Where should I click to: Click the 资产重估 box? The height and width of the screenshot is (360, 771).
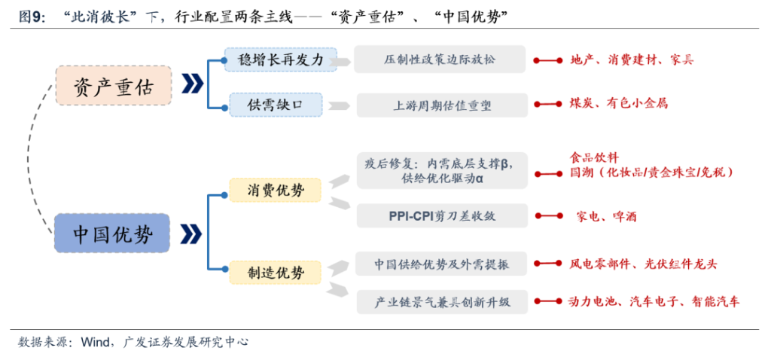pyautogui.click(x=114, y=86)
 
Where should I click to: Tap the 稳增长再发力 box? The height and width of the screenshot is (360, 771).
pyautogui.click(x=281, y=59)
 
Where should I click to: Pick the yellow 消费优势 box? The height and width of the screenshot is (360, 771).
pyautogui.click(x=276, y=191)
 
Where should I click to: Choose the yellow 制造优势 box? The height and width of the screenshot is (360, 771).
pyautogui.click(x=276, y=272)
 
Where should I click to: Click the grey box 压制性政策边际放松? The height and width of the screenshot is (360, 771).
pyautogui.click(x=440, y=59)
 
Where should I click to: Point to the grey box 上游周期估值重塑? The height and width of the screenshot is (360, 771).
pyautogui.click(x=442, y=105)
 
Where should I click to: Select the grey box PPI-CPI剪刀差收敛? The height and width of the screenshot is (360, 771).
pyautogui.click(x=442, y=216)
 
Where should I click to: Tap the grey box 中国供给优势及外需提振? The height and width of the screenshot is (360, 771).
pyautogui.click(x=441, y=264)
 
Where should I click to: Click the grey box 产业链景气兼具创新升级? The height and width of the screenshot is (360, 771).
pyautogui.click(x=442, y=301)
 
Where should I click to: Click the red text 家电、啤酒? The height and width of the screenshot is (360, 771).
pyautogui.click(x=606, y=216)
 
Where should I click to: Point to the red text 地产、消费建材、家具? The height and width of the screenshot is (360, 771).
pyautogui.click(x=632, y=60)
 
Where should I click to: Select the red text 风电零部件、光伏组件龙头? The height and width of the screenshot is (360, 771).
pyautogui.click(x=643, y=264)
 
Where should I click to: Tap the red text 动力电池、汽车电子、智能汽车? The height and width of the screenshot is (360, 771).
pyautogui.click(x=653, y=301)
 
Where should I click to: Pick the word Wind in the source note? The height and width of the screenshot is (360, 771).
pyautogui.click(x=95, y=342)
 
